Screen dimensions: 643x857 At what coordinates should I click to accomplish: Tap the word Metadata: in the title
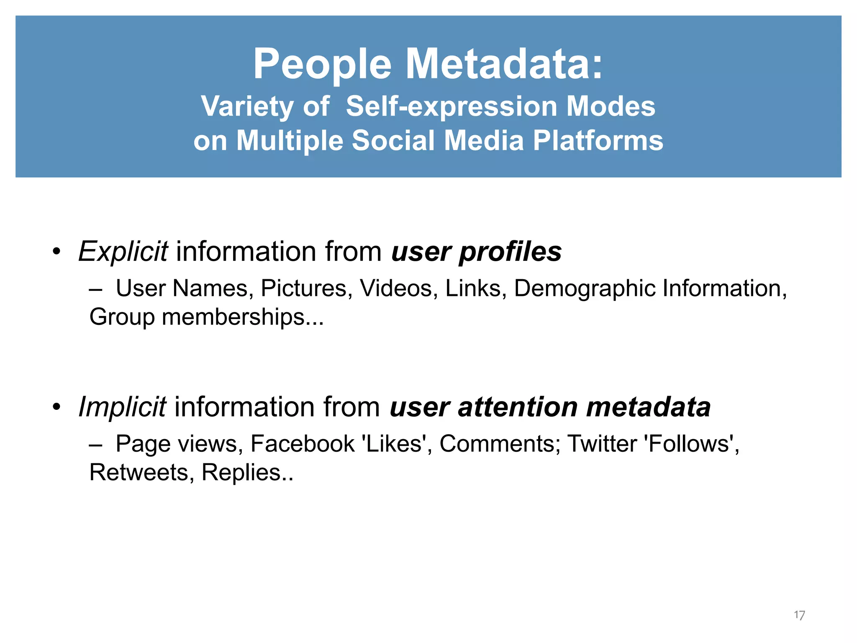tap(505, 64)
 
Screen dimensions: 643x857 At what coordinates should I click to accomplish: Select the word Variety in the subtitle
tap(247, 106)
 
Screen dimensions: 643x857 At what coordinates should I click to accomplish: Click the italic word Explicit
tap(123, 252)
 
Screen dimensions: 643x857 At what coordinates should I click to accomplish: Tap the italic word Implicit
tap(122, 407)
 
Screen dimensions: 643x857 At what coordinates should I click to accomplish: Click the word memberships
tap(242, 317)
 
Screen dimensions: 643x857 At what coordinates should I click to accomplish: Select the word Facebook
tap(302, 444)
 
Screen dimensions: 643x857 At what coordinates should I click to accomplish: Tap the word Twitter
tap(602, 444)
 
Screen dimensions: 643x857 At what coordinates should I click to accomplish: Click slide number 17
tap(799, 615)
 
